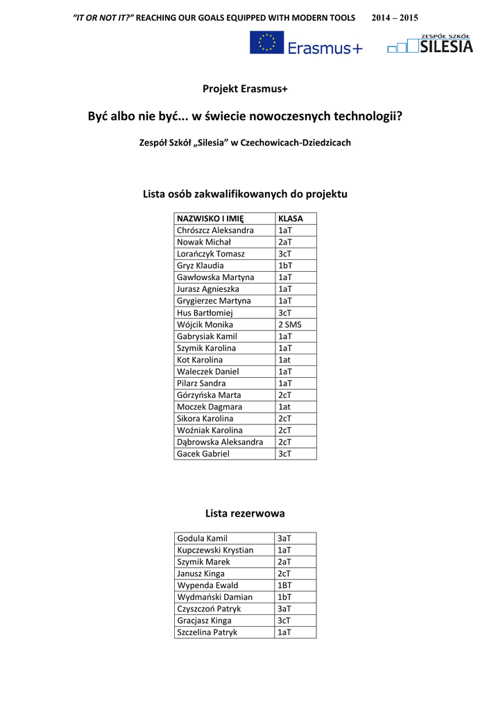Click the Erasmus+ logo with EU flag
coord(306,43)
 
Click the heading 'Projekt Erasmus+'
coord(245,89)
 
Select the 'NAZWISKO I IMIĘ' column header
coord(205,218)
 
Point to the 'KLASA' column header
coord(291,218)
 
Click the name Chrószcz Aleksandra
coord(215,230)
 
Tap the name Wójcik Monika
coord(205,324)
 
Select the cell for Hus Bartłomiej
coord(205,313)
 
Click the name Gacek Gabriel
coord(203,454)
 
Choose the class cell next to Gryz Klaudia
coord(285,266)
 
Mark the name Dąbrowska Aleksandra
coord(220,442)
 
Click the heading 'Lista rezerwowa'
coord(245,514)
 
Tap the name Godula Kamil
coord(202,539)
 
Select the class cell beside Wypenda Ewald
coord(285,586)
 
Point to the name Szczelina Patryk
coord(207,633)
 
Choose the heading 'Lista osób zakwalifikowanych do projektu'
coord(245,194)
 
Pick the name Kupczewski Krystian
coord(215,551)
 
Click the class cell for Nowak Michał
coord(285,242)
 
